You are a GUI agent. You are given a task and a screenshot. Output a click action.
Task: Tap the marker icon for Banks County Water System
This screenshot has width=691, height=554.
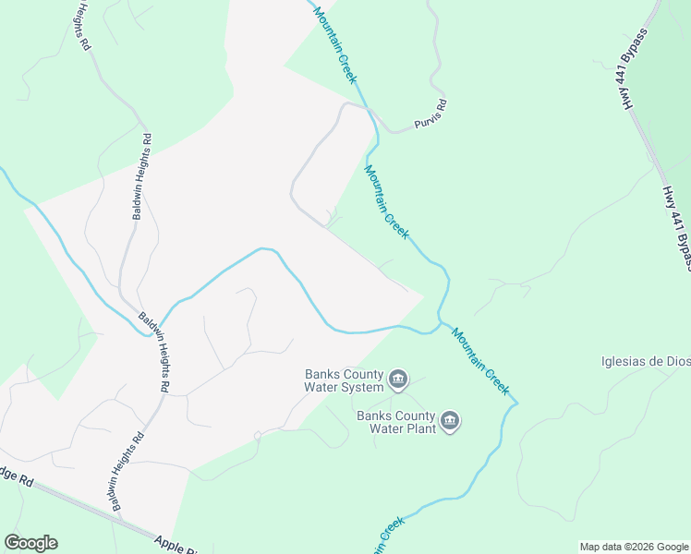(x=398, y=379)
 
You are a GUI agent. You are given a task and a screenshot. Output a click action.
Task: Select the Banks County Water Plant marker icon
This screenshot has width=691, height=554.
(x=450, y=422)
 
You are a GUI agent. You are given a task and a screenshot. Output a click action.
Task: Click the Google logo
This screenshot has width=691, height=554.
(x=30, y=543)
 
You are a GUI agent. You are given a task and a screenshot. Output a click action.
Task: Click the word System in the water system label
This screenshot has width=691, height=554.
(x=360, y=387)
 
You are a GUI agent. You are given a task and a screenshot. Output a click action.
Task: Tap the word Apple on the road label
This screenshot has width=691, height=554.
(x=170, y=544)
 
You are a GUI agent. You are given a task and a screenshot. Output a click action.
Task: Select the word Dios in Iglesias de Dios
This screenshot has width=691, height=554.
(x=675, y=361)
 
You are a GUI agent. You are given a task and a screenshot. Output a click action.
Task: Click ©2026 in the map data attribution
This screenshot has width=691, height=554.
(x=637, y=547)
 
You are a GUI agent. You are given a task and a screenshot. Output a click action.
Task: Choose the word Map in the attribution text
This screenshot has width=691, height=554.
(x=590, y=547)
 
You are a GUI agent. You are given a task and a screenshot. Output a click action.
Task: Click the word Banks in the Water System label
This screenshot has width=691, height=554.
(x=323, y=374)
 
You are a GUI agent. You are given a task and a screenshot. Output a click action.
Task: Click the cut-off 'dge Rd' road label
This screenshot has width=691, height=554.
(x=17, y=477)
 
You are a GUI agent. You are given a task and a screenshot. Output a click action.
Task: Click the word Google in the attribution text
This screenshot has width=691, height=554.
(x=671, y=547)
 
